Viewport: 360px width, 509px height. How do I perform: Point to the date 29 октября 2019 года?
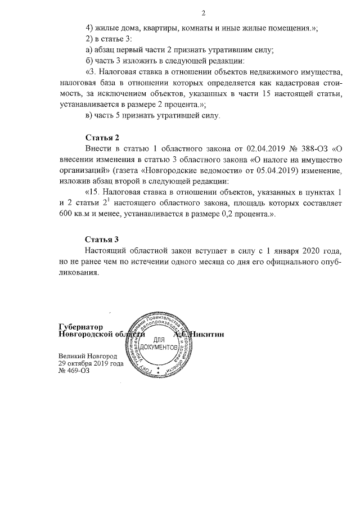point(91,363)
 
